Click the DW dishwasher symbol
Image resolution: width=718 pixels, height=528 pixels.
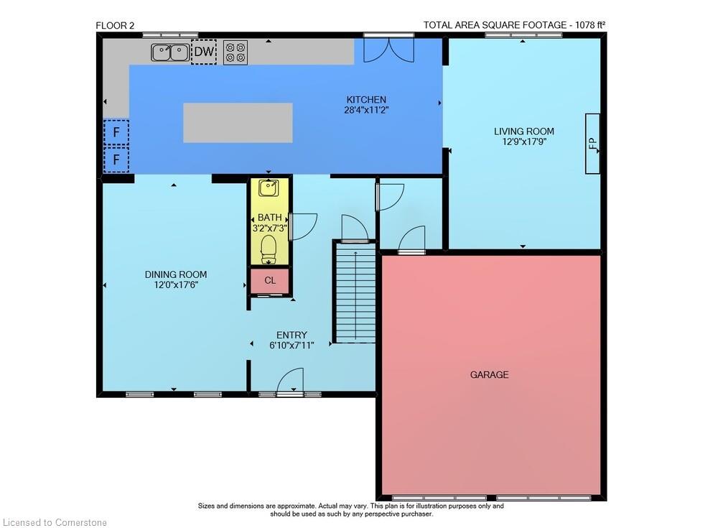[x=204, y=52]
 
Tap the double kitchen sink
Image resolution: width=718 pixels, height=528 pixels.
[x=170, y=52]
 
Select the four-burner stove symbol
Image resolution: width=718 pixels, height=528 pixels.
[x=236, y=52]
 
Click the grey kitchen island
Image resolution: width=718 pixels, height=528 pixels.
[x=238, y=123]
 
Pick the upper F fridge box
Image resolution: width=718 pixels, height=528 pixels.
[x=116, y=132]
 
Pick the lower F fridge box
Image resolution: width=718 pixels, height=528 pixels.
[x=116, y=159]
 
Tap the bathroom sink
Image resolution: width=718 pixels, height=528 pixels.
[x=269, y=188]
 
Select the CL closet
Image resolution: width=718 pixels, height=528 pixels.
[x=270, y=280]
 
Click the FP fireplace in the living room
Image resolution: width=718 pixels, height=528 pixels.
[x=592, y=144]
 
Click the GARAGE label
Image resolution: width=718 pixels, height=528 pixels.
[x=490, y=375]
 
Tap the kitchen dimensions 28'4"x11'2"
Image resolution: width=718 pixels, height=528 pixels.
[x=366, y=110]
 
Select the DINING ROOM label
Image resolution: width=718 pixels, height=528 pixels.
[x=176, y=274]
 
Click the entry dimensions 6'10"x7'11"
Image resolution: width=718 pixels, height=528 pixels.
[x=292, y=346]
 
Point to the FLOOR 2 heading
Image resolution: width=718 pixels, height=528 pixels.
[x=115, y=26]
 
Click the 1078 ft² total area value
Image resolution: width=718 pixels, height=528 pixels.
[x=590, y=25]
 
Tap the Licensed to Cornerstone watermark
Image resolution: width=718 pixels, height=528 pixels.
[x=55, y=522]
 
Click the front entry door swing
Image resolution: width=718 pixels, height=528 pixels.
[x=290, y=381]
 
